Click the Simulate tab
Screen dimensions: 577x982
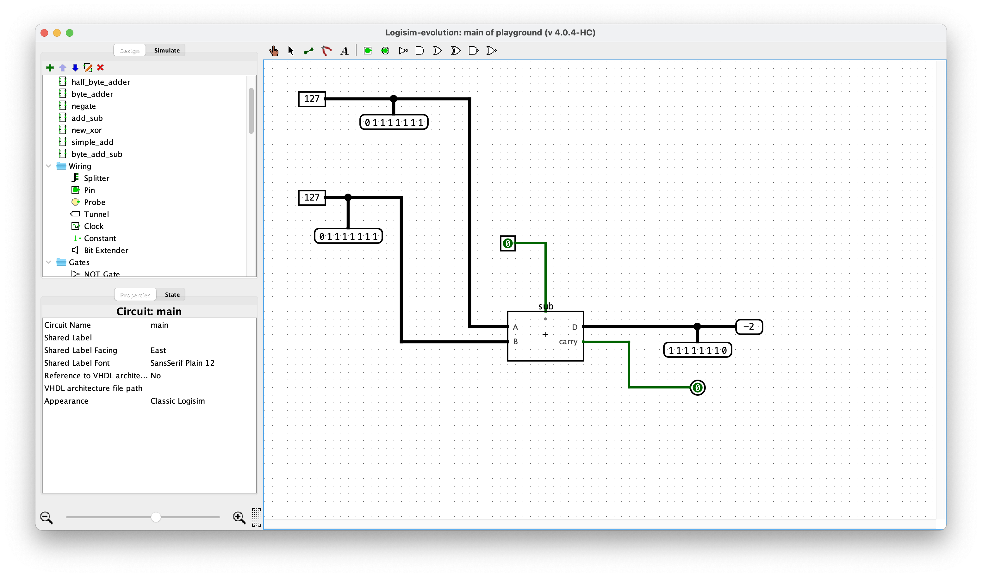(x=167, y=50)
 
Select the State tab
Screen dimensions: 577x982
(x=172, y=295)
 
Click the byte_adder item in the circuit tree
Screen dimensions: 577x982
(x=92, y=94)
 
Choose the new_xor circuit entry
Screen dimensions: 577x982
(x=86, y=130)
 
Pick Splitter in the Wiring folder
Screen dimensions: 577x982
(x=96, y=178)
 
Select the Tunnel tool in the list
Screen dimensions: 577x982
(x=96, y=214)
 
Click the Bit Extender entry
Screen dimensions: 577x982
(x=106, y=250)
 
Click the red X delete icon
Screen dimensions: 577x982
(x=101, y=67)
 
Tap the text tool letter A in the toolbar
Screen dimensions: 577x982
(x=345, y=51)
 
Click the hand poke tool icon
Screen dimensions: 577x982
(x=274, y=51)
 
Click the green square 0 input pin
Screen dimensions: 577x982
(x=507, y=244)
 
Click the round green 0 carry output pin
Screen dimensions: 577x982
(x=698, y=388)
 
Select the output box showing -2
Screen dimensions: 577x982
(x=749, y=326)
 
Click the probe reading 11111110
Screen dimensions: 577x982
(x=698, y=350)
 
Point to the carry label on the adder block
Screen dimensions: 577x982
(x=568, y=342)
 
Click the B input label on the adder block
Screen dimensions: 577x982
(x=516, y=342)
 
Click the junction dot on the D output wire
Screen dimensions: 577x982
(x=698, y=326)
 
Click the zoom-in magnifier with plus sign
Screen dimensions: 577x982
(x=239, y=518)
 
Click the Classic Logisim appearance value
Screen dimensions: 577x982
(x=177, y=401)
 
